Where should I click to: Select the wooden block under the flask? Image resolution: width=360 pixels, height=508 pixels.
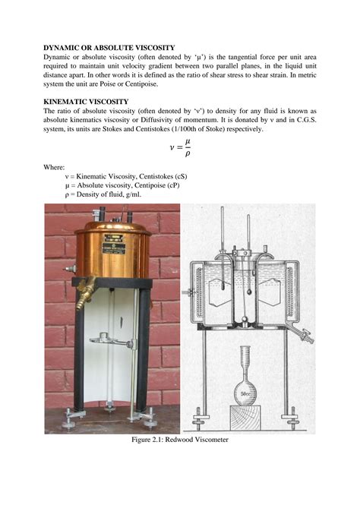[245, 407]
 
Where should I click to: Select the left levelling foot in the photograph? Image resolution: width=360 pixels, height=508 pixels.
[67, 415]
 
